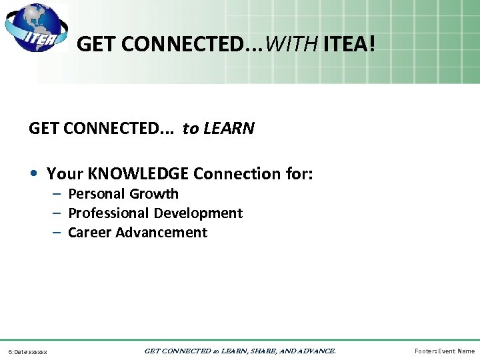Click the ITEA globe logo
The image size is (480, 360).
click(35, 28)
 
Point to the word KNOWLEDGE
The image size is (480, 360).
click(139, 174)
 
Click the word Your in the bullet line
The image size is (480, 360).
click(65, 174)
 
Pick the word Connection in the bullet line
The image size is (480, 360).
click(231, 174)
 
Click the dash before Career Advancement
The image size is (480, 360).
click(57, 233)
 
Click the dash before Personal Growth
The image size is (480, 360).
click(57, 194)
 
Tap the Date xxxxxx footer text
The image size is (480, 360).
click(27, 351)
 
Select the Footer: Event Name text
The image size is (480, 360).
click(445, 351)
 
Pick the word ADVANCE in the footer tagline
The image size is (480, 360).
click(313, 351)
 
